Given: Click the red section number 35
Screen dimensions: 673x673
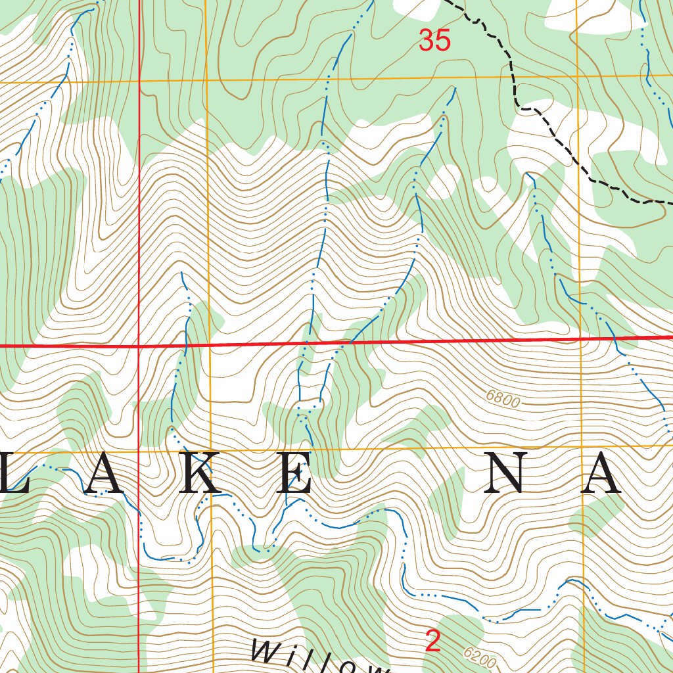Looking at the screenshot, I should tap(435, 41).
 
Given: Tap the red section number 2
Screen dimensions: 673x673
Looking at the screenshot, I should tap(432, 641).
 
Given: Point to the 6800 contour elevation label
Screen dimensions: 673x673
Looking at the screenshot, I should tap(504, 398).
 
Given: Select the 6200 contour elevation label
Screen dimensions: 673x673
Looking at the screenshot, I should tap(479, 657).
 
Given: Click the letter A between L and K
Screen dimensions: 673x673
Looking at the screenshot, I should tap(104, 473).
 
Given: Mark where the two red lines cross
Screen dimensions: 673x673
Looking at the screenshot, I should tap(139, 344).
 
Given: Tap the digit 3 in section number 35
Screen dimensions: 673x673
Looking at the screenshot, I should tap(427, 41).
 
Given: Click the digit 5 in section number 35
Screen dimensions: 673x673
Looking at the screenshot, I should tap(444, 41).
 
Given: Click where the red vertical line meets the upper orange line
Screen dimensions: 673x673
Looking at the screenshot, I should tap(139, 81).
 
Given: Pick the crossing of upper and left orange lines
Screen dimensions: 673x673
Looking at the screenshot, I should tap(206, 81).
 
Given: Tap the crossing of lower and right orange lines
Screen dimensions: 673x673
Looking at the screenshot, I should tap(582, 447).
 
